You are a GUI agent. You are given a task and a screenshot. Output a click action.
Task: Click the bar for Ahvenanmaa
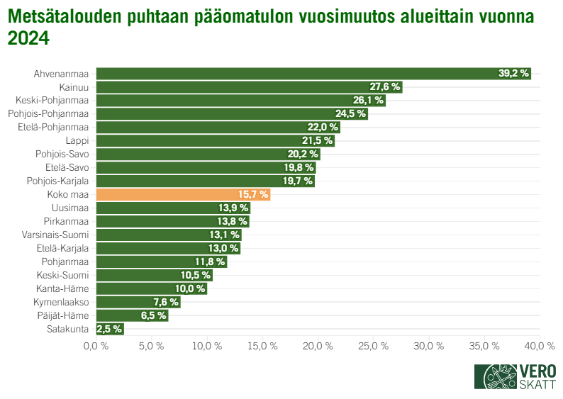313,74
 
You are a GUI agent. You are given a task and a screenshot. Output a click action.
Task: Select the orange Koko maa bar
183,195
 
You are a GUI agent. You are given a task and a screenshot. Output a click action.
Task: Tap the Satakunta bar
110,329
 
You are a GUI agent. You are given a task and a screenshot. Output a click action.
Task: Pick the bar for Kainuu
249,87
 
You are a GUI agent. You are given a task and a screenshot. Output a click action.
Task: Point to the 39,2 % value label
513,74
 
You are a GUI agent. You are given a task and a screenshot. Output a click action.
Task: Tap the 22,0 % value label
322,128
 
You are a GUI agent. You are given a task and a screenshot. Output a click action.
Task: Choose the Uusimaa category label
70,208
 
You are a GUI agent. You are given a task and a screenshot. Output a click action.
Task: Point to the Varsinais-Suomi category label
57,235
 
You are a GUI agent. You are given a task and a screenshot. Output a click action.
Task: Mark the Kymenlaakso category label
62,302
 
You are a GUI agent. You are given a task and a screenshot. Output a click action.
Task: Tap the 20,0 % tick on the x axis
318,346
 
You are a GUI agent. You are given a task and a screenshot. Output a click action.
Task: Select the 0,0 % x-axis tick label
96,346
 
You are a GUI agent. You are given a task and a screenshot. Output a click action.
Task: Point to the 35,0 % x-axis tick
485,346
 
